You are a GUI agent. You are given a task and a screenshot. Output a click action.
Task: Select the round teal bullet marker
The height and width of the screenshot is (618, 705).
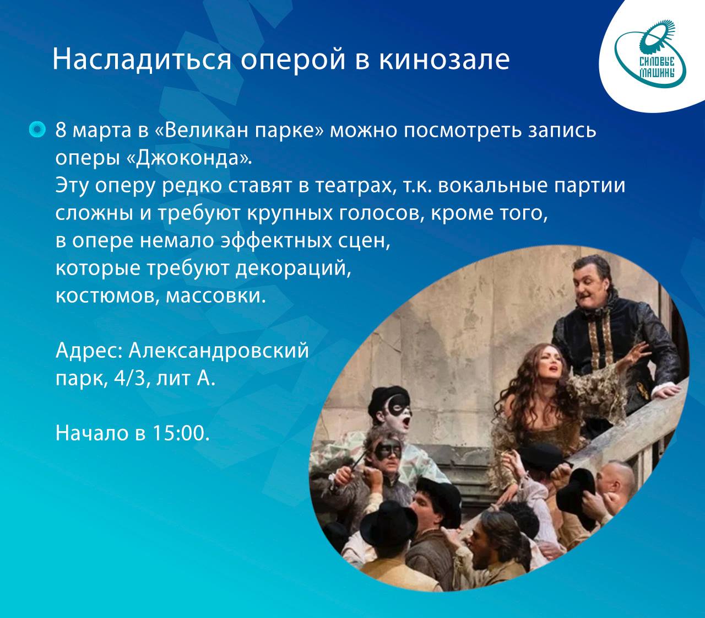point(37,130)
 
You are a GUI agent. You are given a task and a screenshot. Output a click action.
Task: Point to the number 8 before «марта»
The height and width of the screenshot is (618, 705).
point(61,130)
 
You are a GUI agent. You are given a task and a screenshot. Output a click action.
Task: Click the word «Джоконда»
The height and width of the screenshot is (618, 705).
point(188,159)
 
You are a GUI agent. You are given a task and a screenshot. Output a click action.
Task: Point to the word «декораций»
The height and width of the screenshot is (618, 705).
point(293,269)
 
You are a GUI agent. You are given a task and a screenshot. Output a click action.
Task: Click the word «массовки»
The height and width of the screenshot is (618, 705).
point(216,297)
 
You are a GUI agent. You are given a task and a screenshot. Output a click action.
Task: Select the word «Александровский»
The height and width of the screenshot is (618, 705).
point(219,351)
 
